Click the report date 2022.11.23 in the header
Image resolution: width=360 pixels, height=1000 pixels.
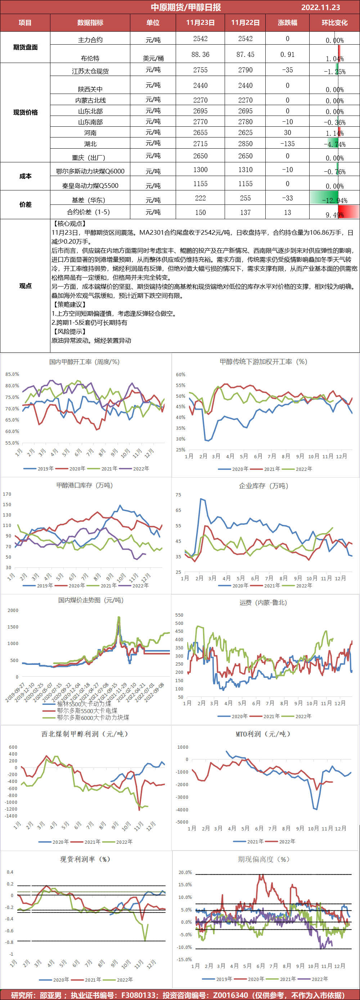point(320,7)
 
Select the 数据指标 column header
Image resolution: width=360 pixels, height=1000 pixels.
point(90,23)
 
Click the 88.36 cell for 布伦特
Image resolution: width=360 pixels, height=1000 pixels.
point(201,55)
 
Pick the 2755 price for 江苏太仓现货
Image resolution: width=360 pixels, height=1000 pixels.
point(201,70)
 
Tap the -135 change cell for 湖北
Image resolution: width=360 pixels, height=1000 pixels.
point(287,144)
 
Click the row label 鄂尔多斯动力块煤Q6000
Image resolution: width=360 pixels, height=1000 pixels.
point(90,171)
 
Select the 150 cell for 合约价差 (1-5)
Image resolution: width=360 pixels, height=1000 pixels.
point(201,213)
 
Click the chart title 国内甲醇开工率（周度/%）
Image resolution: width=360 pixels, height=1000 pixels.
point(84,362)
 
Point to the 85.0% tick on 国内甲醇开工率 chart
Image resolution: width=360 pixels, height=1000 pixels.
point(12,375)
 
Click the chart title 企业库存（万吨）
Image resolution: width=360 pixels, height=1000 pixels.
point(263,486)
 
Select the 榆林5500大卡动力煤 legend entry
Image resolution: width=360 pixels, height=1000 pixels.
point(84,704)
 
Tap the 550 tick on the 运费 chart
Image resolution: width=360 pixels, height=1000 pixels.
point(179,615)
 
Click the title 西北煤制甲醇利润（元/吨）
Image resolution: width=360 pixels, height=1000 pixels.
point(85,734)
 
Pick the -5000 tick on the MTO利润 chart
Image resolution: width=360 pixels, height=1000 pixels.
point(182,822)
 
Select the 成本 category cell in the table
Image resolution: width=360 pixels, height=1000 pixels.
point(25,176)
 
